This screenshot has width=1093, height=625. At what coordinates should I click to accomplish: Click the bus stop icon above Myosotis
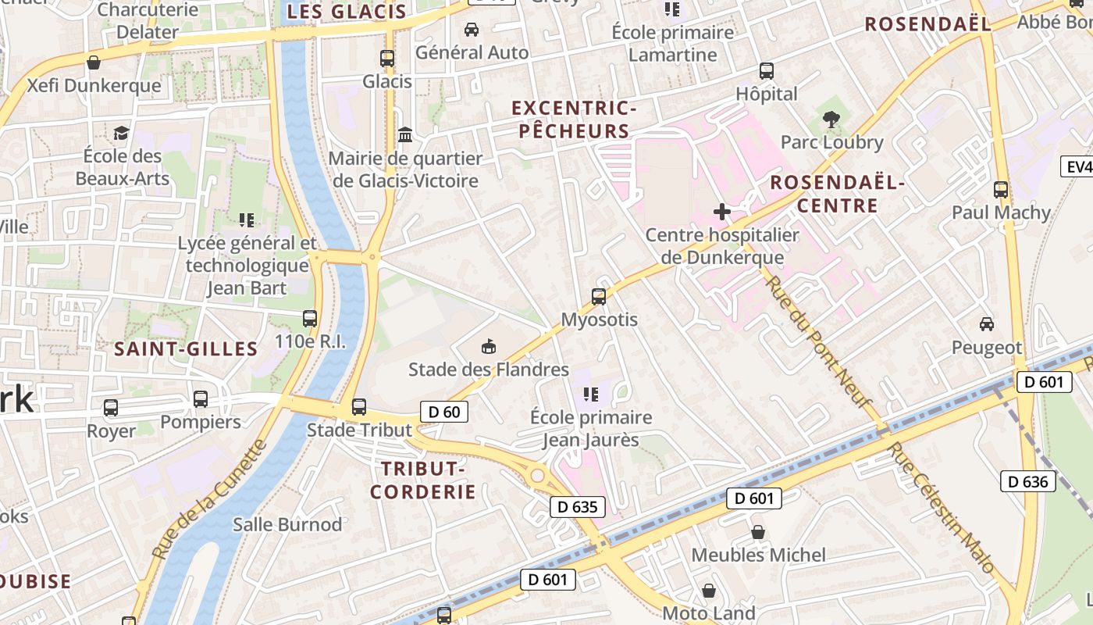[x=599, y=297]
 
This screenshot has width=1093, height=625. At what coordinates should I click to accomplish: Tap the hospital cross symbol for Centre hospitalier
[x=722, y=212]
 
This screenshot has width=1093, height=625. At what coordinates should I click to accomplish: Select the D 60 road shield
[x=444, y=412]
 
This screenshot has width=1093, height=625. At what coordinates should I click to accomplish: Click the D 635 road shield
[x=578, y=507]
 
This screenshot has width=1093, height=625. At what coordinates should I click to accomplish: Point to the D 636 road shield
[x=1027, y=481]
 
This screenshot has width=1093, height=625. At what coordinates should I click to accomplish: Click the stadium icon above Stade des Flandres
[x=489, y=346]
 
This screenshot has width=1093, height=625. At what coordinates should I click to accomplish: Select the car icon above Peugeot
[x=987, y=324]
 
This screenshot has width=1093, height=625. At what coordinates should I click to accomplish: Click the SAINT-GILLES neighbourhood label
[x=186, y=349]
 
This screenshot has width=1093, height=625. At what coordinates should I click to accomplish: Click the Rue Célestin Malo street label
[x=941, y=506]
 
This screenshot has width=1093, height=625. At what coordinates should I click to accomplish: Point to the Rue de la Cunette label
[x=208, y=500]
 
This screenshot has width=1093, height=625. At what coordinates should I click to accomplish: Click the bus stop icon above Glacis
[x=387, y=58]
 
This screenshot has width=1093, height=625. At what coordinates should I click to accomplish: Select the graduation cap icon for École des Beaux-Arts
[x=121, y=133]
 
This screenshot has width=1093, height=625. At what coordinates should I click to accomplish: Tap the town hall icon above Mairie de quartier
[x=405, y=135]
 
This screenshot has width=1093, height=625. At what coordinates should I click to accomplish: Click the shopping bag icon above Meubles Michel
[x=757, y=532]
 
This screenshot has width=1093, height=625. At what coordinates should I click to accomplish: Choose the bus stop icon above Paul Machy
[x=1001, y=189]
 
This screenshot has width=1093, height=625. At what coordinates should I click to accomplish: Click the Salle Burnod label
[x=287, y=524]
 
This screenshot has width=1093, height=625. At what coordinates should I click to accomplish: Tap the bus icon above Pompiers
[x=201, y=399]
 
